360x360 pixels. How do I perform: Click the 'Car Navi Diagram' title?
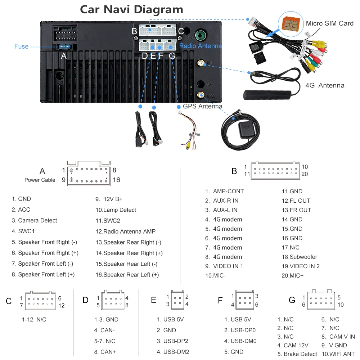point(131,9)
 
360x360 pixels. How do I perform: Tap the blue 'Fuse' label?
point(21,46)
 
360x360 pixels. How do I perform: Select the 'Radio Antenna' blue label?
point(201,46)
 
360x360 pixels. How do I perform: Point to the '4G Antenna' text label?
point(325,86)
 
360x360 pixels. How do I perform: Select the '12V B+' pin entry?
point(109,199)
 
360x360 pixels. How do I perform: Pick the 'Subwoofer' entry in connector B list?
point(300,257)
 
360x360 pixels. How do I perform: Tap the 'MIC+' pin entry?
point(292,276)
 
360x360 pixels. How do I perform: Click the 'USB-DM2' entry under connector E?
point(172,352)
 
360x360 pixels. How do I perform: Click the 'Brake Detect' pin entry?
point(297,354)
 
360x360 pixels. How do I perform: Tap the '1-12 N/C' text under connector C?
point(34,319)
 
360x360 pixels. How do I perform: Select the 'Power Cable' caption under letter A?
point(40,180)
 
